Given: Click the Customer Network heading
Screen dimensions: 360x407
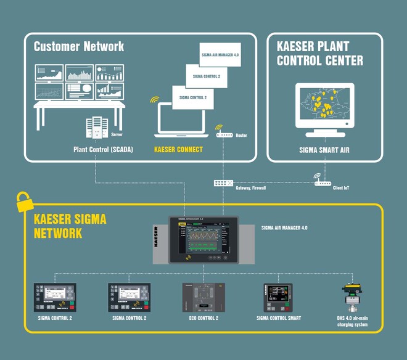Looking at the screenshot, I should click(x=78, y=46).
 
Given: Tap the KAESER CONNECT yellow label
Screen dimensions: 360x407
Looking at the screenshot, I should click(x=178, y=149).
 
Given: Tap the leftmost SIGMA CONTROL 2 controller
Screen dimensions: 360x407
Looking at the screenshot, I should click(x=54, y=297).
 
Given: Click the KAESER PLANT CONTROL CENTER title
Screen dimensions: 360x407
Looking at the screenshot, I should click(x=319, y=53).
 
